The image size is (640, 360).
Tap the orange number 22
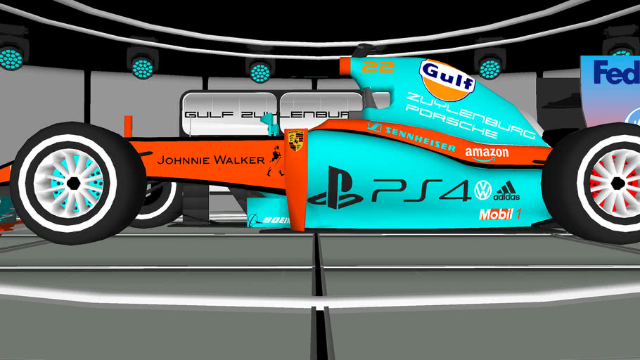coord(378,67)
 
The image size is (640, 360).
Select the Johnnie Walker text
coord(210,160)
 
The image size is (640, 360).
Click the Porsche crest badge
coord(295,141)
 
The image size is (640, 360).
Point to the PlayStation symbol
coord(335,188)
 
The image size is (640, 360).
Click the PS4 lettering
coord(421,191)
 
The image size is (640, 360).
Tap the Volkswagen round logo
coord(482,190)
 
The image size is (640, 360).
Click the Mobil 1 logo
coord(499,214)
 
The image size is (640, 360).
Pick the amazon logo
coord(487,153)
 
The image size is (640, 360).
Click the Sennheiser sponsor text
coord(412,136)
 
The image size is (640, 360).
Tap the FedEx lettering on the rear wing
coord(615,72)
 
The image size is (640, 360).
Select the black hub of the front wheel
coord(73,184)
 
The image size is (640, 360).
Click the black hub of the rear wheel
coord(617,184)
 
